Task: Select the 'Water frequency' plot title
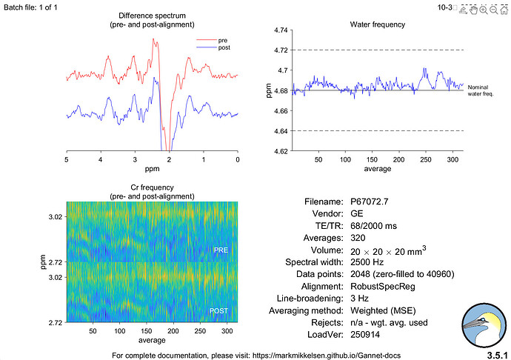[x=377, y=24]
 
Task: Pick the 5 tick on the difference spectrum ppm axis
[x=67, y=159]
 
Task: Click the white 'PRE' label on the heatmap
[x=221, y=250]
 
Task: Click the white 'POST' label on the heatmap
[x=219, y=310]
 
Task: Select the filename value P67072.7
[x=371, y=201]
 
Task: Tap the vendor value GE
[x=358, y=213]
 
